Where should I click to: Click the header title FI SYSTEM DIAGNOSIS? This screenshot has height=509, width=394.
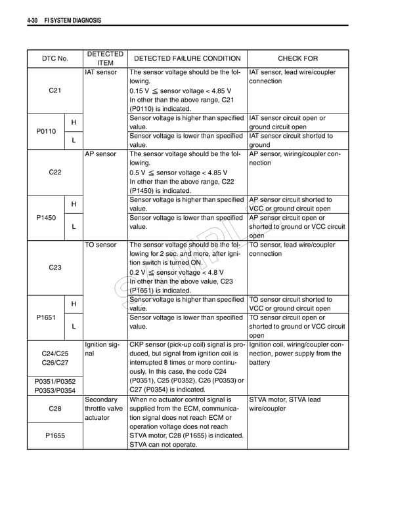[x=72, y=20]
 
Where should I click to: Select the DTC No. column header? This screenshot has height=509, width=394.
[x=55, y=58]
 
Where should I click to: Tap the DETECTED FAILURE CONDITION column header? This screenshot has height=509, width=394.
[x=187, y=58]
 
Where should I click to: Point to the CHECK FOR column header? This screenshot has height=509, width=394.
[x=297, y=58]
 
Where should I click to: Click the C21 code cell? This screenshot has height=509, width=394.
[x=55, y=91]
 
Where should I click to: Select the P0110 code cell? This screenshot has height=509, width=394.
[x=45, y=131]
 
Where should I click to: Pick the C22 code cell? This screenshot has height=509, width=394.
[x=55, y=173]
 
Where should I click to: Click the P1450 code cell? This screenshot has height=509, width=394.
[x=45, y=218]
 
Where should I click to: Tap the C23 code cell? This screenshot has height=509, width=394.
[x=55, y=268]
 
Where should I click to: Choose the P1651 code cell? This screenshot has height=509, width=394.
[x=45, y=317]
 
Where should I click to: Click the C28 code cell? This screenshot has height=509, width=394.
[x=55, y=409]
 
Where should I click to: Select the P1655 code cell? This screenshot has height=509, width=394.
[x=55, y=435]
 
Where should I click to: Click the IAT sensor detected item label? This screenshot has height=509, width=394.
[x=101, y=72]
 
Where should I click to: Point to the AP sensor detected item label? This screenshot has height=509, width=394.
[x=100, y=154]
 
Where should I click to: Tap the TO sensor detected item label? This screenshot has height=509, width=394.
[x=100, y=245]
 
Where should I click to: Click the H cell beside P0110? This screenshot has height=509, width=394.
[x=74, y=123]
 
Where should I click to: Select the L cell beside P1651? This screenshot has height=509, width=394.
[x=74, y=327]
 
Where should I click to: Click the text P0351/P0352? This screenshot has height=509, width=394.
[x=55, y=381]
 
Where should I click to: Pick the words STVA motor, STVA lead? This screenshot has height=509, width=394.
[x=285, y=399]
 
